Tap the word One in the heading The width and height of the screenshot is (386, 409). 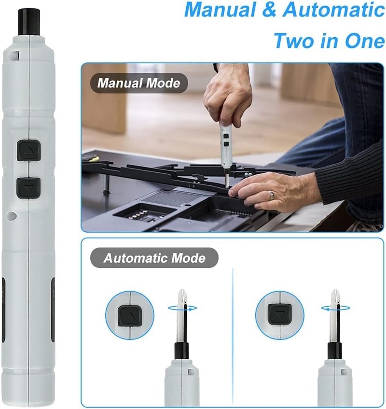pos(364,41)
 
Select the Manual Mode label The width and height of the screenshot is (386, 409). pos(138,83)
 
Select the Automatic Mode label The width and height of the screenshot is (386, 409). pos(154,258)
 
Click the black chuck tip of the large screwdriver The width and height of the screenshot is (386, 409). pos(29,22)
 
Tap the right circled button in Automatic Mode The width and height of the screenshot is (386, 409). pos(279,314)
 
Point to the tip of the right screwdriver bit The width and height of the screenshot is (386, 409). pos(334,291)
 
